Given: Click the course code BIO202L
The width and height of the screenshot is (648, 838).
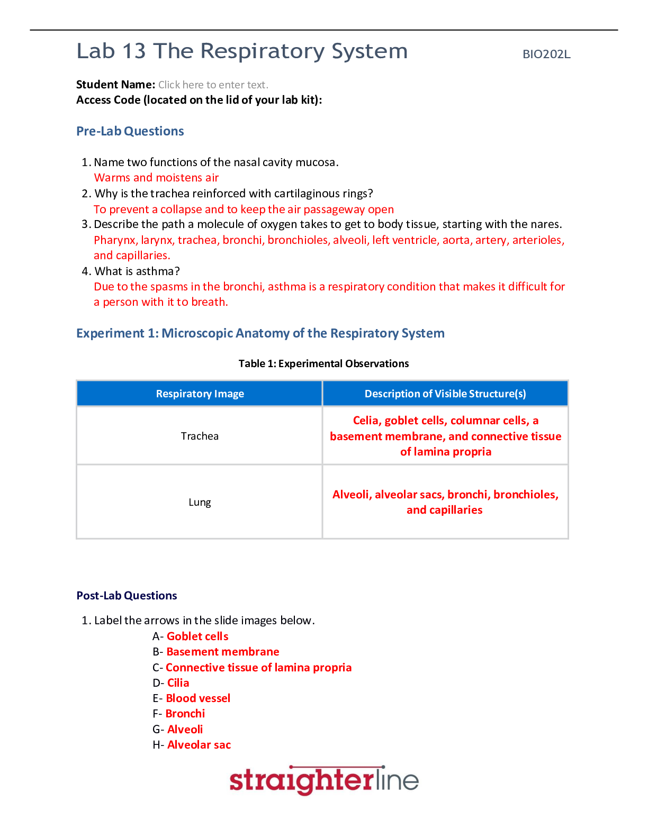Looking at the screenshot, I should (546, 54).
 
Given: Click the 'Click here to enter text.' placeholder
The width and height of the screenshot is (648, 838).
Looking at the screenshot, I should (213, 85).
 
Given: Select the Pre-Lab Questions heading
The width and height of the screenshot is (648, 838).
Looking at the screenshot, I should (130, 131).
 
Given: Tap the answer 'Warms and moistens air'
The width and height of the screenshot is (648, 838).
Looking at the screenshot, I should (156, 178).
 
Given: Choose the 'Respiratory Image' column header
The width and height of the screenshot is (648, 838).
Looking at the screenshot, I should (200, 394).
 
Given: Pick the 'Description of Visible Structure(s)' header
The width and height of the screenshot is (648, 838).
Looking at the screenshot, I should (445, 394).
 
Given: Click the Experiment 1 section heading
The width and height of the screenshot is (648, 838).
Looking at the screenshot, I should (260, 333).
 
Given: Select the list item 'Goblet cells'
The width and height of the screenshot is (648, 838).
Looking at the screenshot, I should (197, 636).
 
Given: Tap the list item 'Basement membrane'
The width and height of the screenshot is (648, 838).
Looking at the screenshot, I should (223, 652).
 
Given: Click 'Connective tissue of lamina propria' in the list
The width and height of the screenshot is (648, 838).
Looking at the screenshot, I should (258, 668).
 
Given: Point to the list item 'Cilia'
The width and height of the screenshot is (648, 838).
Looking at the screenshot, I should (178, 683).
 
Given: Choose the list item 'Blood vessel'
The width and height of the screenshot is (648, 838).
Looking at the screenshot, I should (198, 698).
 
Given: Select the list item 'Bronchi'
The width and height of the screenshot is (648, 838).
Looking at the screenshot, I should (185, 714).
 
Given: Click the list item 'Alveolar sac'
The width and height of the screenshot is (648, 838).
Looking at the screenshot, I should (199, 745).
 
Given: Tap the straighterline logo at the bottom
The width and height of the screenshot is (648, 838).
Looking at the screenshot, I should (324, 780).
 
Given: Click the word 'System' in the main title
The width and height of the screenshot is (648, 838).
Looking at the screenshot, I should (370, 52).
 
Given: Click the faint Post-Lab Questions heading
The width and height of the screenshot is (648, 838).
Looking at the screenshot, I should (127, 596).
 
